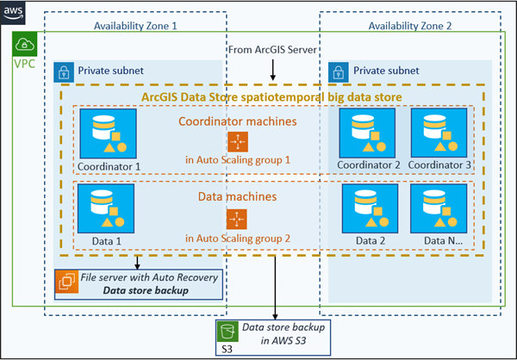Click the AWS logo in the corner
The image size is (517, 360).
pyautogui.click(x=13, y=12)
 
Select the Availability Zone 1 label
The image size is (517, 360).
pyautogui.click(x=135, y=26)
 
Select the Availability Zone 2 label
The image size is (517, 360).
pyautogui.click(x=409, y=26)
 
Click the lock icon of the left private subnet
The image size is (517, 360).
pyautogui.click(x=65, y=71)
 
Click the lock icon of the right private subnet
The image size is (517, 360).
pyautogui.click(x=340, y=71)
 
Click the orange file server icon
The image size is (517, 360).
pyautogui.click(x=65, y=282)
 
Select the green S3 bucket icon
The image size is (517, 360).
pyautogui.click(x=227, y=331)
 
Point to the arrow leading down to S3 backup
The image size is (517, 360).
pyautogui.click(x=274, y=289)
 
